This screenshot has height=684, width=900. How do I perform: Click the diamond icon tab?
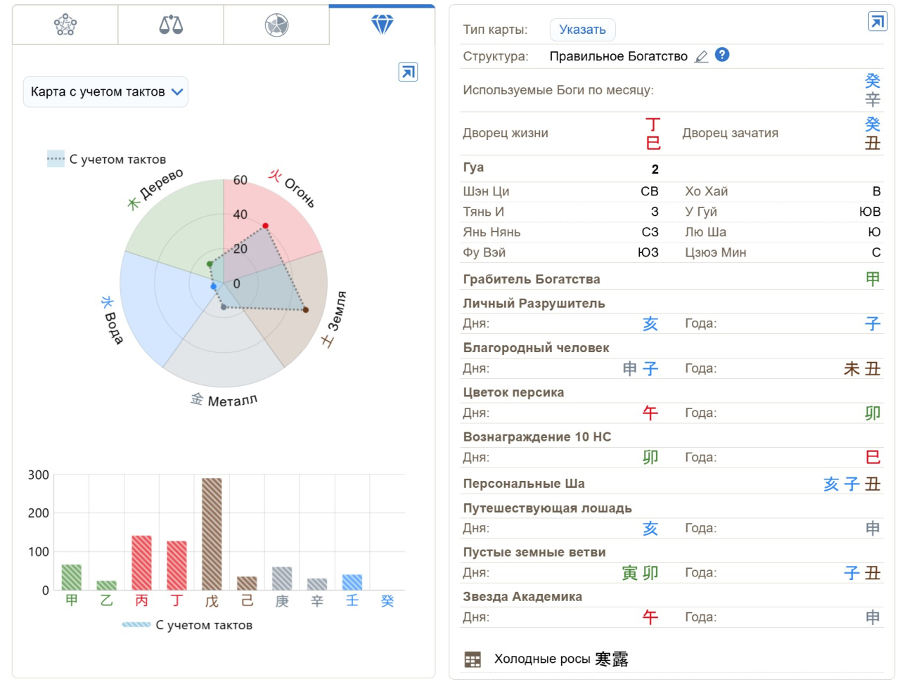tap(382, 25)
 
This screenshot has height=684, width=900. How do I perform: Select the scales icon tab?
tap(171, 25)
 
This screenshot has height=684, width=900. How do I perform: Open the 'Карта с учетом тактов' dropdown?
tap(106, 92)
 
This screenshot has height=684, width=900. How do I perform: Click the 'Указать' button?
tap(582, 30)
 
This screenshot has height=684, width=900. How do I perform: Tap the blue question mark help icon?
tap(722, 55)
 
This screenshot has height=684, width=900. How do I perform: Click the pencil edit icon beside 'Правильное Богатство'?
tap(702, 57)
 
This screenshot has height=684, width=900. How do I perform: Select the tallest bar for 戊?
tap(212, 534)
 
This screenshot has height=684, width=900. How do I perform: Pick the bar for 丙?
tap(141, 562)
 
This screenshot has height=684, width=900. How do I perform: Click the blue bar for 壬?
tap(352, 582)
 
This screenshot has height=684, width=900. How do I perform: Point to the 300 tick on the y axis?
tap(39, 475)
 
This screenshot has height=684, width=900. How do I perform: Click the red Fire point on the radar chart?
tap(265, 226)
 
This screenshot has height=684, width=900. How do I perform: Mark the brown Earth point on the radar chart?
tap(305, 309)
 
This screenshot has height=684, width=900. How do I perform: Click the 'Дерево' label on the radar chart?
tap(161, 185)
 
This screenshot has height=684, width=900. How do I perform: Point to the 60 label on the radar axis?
tap(240, 181)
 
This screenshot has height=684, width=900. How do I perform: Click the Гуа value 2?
tap(655, 169)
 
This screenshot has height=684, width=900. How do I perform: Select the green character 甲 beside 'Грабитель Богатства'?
tap(873, 279)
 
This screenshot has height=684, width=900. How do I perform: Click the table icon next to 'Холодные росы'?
tap(472, 659)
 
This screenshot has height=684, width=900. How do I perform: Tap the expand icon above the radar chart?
tap(408, 72)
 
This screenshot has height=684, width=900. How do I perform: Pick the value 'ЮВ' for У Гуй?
tap(870, 212)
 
